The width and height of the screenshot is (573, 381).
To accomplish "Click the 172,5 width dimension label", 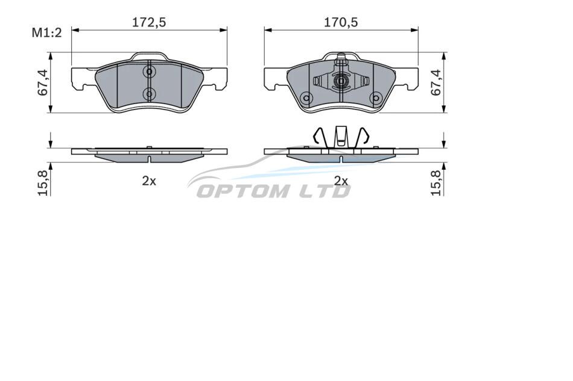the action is [x=149, y=23].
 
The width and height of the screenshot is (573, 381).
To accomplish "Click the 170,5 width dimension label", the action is [x=341, y=23].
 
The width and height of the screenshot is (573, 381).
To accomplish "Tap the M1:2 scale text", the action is [x=47, y=33].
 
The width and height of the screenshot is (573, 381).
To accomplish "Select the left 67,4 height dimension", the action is [x=43, y=83].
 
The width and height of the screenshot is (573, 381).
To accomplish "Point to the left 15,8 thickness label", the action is [x=43, y=184].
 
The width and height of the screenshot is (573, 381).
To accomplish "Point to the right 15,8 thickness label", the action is [x=437, y=184].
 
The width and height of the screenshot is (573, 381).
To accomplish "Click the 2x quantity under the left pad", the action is [x=149, y=181].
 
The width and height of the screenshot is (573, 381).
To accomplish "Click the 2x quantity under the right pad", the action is [x=341, y=181].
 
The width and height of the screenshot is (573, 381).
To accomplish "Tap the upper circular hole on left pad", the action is [x=149, y=72].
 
